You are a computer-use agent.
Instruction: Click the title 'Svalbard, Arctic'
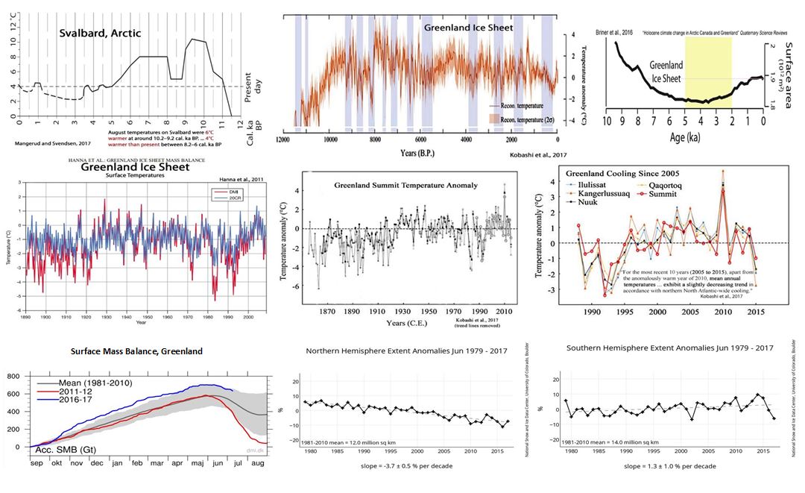click(x=100, y=33)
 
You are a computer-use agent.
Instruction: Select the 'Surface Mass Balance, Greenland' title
click(x=136, y=351)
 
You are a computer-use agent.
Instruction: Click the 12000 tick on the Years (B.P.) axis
click(x=282, y=139)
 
